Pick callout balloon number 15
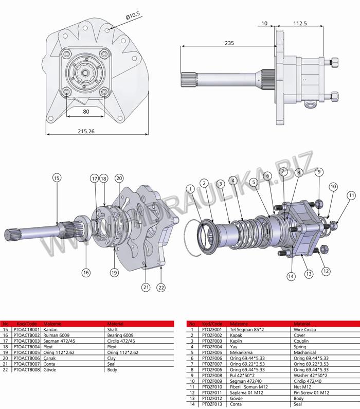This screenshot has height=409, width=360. point(57,177)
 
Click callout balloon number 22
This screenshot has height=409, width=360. point(161,288)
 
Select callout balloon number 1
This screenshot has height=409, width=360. point(191,189)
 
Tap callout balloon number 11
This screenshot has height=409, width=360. point(351,195)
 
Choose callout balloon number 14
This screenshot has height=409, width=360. point(291,276)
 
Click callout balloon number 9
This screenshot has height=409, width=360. point(319,171)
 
